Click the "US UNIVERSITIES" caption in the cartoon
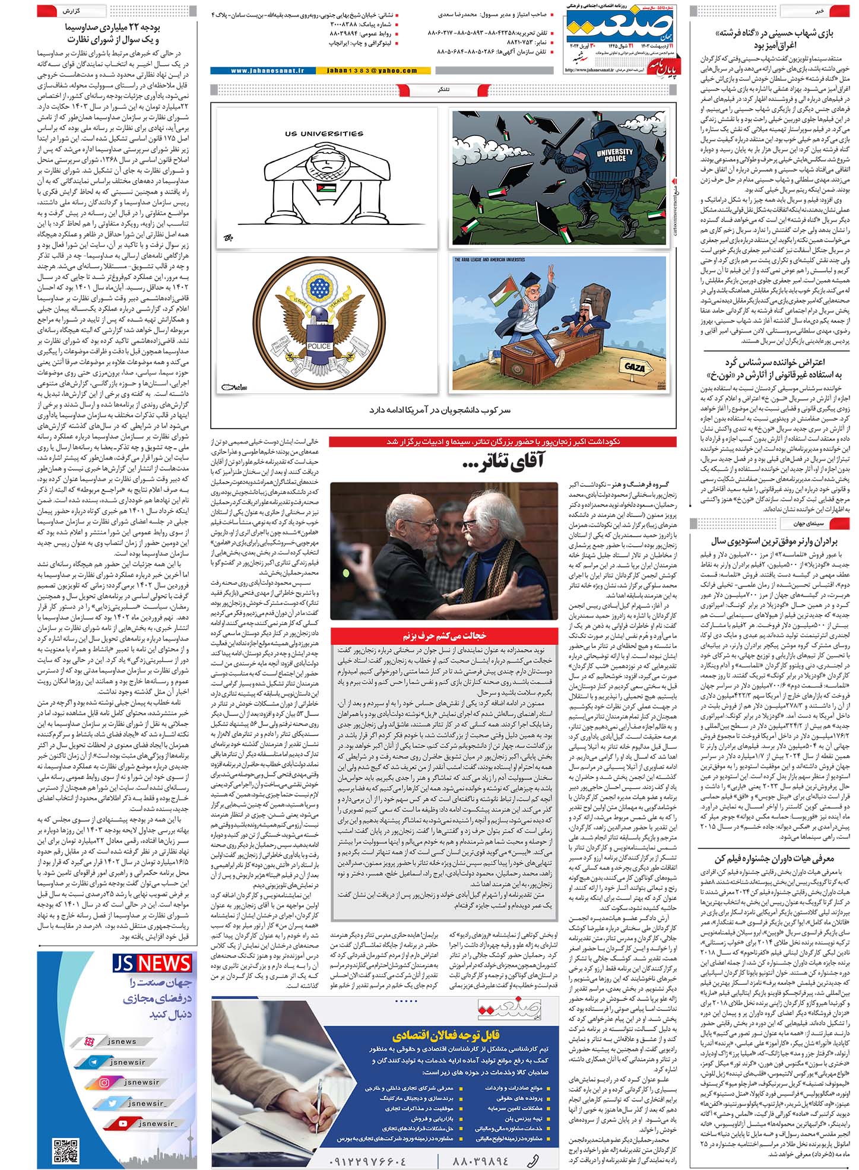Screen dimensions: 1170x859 pos(324,134)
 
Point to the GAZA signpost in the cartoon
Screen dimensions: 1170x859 pos(635,366)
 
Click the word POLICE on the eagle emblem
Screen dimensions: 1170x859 pos(319,346)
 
